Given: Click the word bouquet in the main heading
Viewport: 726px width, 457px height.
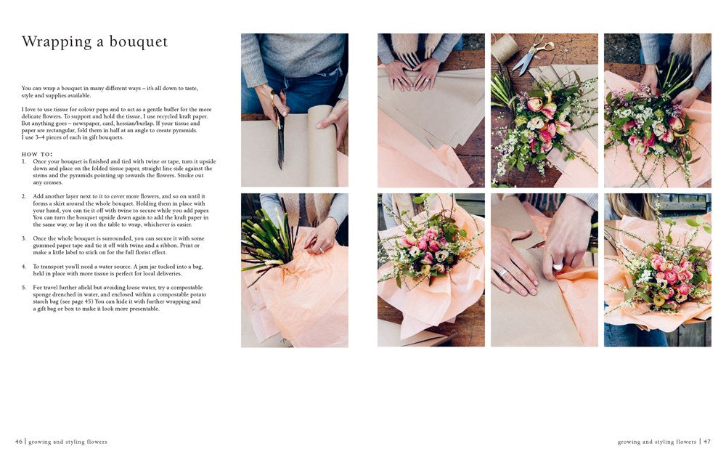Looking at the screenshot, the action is (139, 42).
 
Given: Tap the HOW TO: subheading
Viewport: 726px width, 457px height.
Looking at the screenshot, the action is (37, 154).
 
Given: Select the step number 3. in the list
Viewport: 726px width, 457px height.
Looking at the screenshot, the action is (24, 238).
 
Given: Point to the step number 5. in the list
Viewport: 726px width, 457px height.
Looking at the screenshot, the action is (24, 288).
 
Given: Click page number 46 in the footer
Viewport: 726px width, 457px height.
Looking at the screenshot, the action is (19, 442).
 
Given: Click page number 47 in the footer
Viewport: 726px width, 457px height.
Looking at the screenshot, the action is (707, 442).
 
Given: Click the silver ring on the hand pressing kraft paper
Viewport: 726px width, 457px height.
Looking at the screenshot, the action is (502, 272).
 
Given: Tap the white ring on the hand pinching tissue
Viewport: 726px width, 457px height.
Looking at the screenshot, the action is (558, 267).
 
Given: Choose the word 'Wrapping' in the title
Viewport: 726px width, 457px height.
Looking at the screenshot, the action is (57, 42).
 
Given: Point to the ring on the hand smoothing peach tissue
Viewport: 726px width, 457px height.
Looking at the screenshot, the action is (322, 250).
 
